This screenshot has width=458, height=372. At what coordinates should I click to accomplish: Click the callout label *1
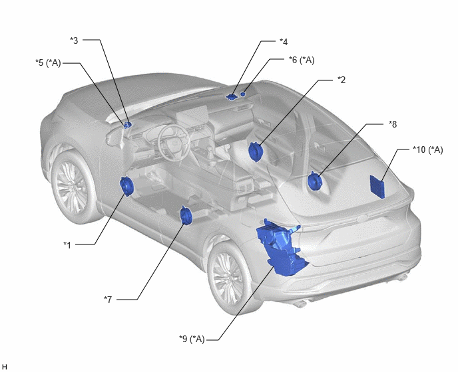pyautogui.click(x=67, y=245)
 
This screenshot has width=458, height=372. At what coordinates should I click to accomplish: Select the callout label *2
pyautogui.click(x=342, y=80)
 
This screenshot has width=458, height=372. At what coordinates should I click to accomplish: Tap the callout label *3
pyautogui.click(x=74, y=41)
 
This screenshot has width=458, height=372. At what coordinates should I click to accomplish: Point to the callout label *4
pyautogui.click(x=284, y=42)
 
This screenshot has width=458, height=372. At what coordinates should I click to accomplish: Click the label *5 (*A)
pyautogui.click(x=48, y=62)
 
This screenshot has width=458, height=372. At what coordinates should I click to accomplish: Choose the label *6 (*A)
pyautogui.click(x=302, y=60)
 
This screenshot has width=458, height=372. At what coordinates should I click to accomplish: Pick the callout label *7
pyautogui.click(x=108, y=300)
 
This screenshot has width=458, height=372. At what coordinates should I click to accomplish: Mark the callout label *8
pyautogui.click(x=393, y=124)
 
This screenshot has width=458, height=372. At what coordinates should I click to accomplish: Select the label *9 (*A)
pyautogui.click(x=192, y=339)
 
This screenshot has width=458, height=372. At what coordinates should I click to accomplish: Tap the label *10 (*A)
pyautogui.click(x=428, y=149)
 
